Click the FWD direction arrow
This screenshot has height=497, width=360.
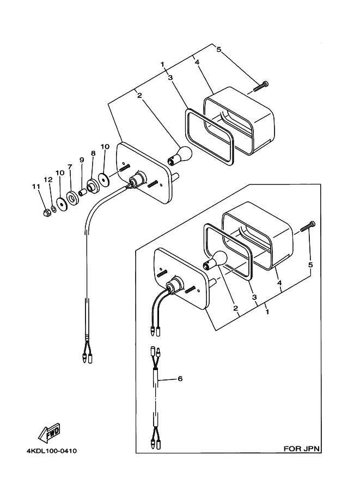point(49,433)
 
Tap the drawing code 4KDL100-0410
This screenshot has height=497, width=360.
point(52,451)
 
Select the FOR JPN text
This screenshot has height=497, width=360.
point(301,449)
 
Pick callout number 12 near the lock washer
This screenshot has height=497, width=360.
point(48,180)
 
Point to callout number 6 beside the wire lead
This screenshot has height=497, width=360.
point(180,378)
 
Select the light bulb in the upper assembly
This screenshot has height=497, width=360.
point(181,156)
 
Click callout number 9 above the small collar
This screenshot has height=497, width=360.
point(82,160)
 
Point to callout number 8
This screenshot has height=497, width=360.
point(93,153)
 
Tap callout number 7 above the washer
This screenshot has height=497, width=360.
point(70,167)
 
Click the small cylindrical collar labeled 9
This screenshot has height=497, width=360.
point(83,192)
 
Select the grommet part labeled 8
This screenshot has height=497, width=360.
point(93,186)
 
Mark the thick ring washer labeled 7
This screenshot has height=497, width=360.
point(73,198)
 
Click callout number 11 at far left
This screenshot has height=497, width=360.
point(36,186)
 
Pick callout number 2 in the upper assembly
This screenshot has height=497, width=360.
point(139,95)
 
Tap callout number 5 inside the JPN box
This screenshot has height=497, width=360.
point(310,265)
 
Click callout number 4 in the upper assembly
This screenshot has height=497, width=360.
point(197,62)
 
